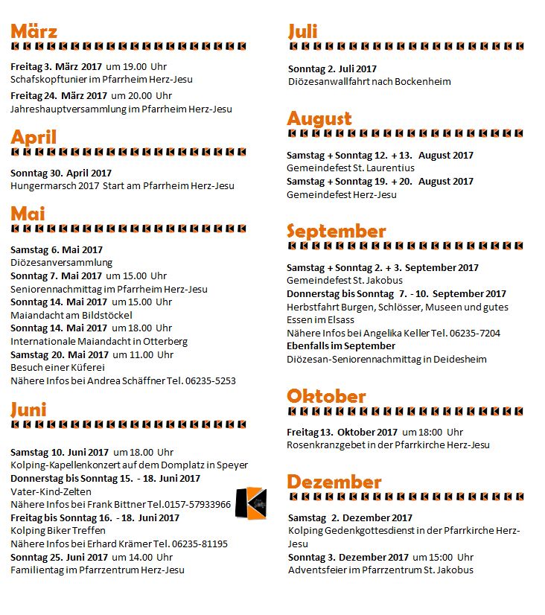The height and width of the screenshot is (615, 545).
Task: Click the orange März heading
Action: tap(34, 31)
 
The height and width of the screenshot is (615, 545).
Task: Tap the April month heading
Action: tap(34, 137)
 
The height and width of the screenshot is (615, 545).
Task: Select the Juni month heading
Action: tap(28, 409)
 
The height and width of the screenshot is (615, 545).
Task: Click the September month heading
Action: tap(336, 231)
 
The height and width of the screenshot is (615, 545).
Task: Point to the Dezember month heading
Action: tap(334, 481)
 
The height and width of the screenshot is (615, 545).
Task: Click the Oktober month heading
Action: tap(326, 395)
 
